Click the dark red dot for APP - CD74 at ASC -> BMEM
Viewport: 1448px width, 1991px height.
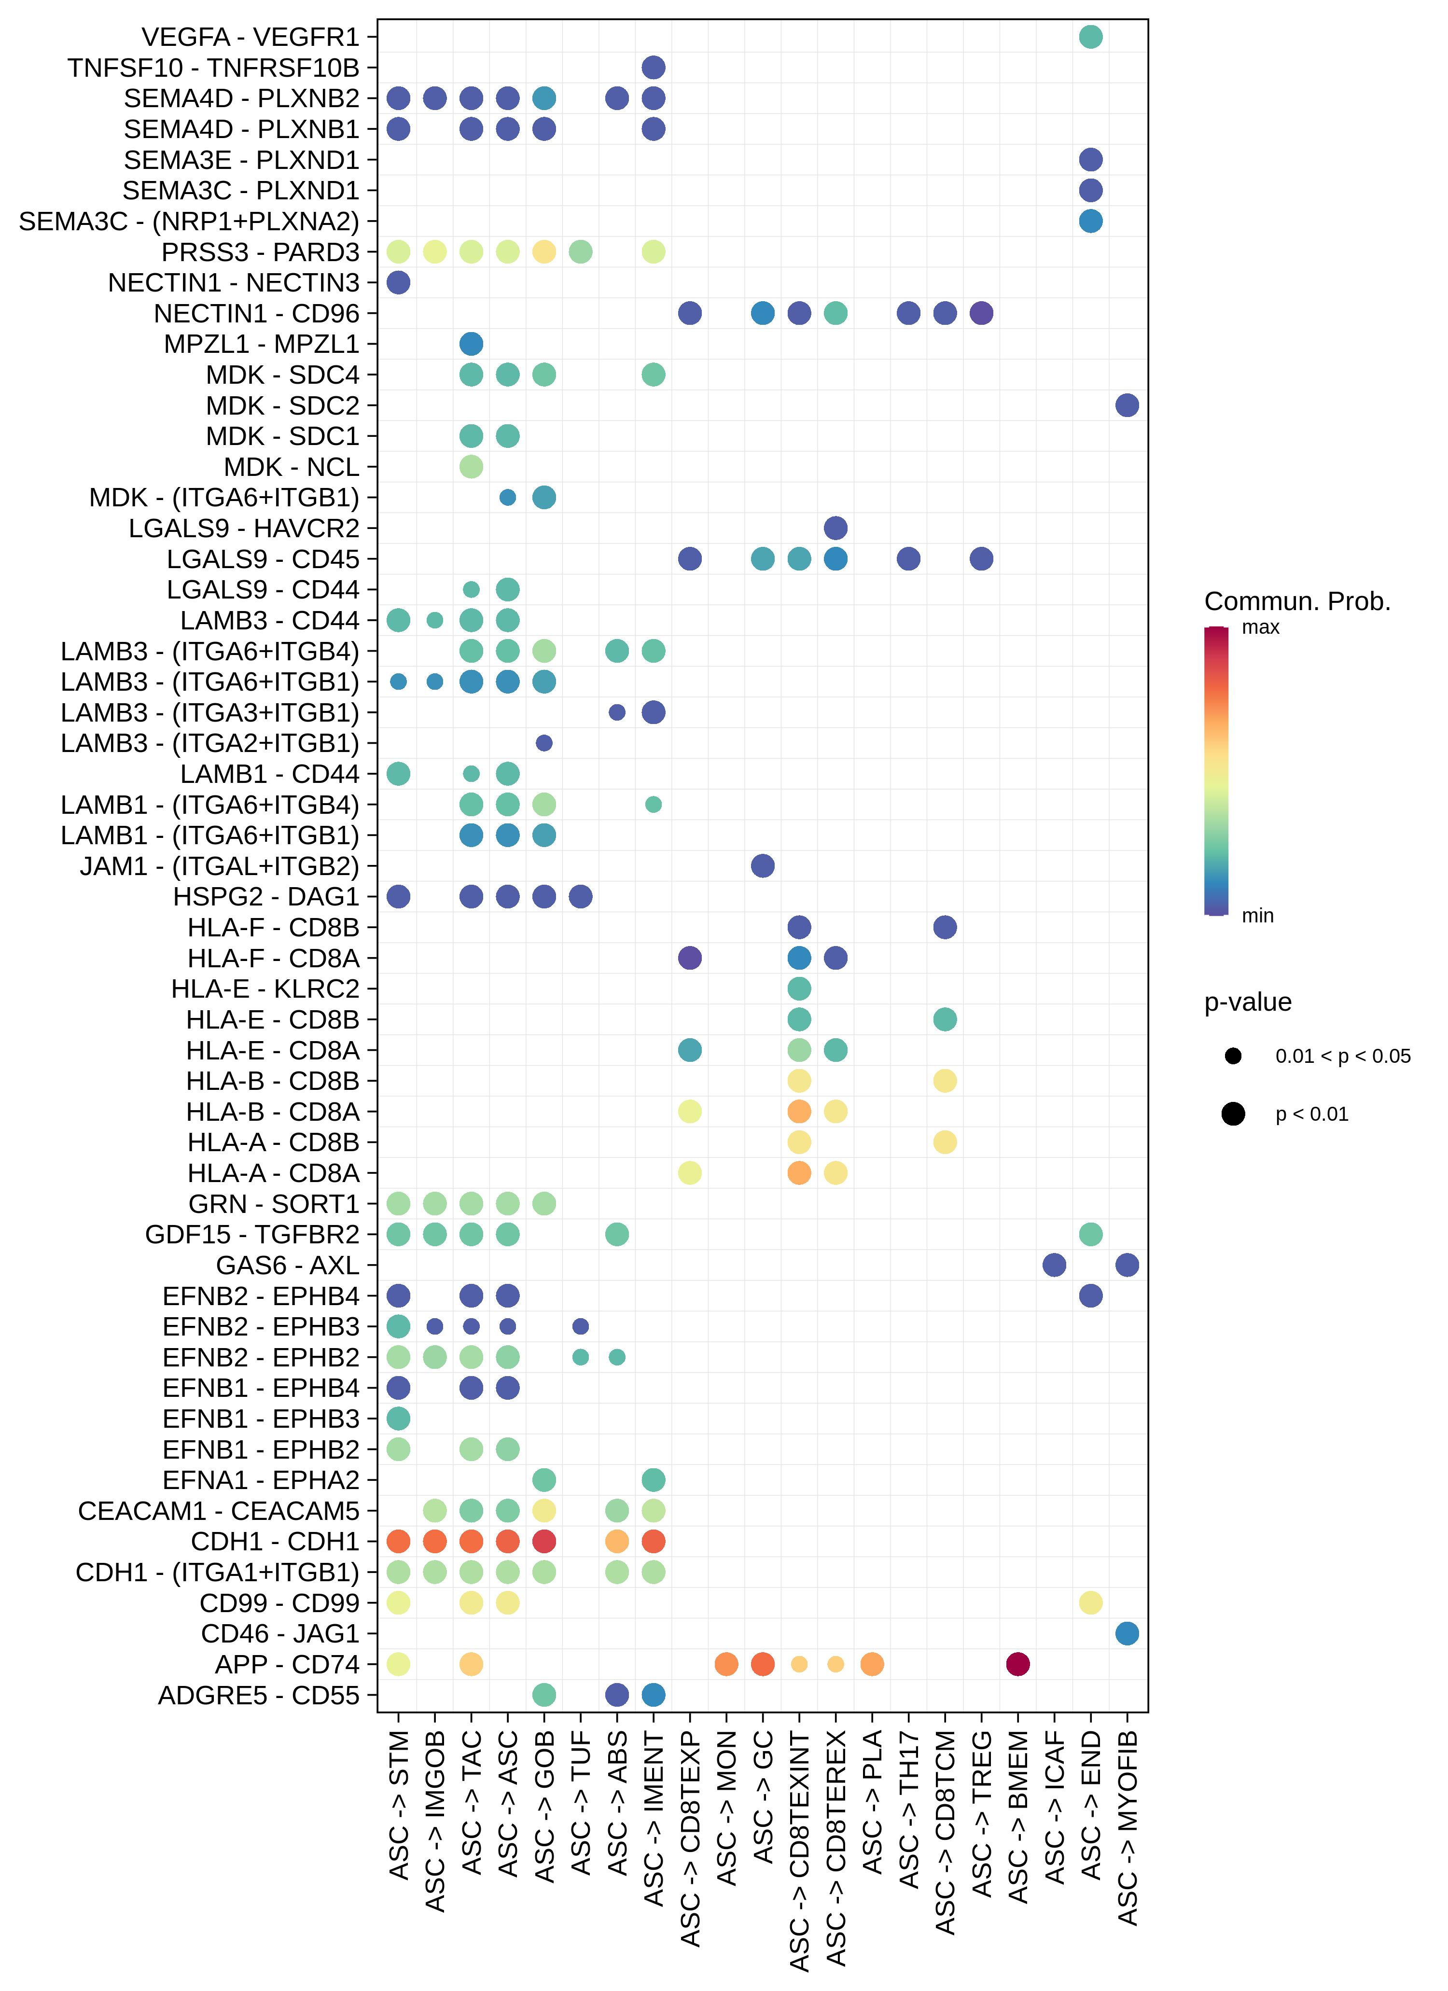[x=1018, y=1664]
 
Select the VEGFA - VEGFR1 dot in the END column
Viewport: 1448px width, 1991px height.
[x=1091, y=37]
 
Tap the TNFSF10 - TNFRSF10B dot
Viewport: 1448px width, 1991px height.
[x=654, y=68]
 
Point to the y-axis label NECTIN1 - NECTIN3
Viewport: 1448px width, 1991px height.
[x=234, y=283]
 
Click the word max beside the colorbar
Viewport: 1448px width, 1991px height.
[x=1260, y=627]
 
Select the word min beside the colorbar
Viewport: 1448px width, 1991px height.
[x=1257, y=916]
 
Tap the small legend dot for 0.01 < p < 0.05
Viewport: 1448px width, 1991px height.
[x=1233, y=1056]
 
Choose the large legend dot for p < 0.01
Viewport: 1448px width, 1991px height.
[x=1233, y=1114]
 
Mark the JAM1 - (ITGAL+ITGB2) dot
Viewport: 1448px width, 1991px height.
[x=763, y=865]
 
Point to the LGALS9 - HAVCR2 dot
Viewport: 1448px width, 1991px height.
[x=836, y=528]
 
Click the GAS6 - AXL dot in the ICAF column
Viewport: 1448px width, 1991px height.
[x=1055, y=1265]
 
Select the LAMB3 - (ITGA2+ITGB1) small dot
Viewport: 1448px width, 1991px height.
[x=544, y=743]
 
